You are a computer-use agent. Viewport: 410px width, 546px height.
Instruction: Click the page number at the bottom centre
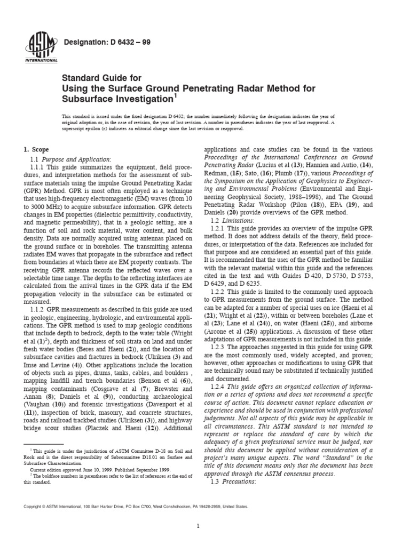[x=198, y=526]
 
